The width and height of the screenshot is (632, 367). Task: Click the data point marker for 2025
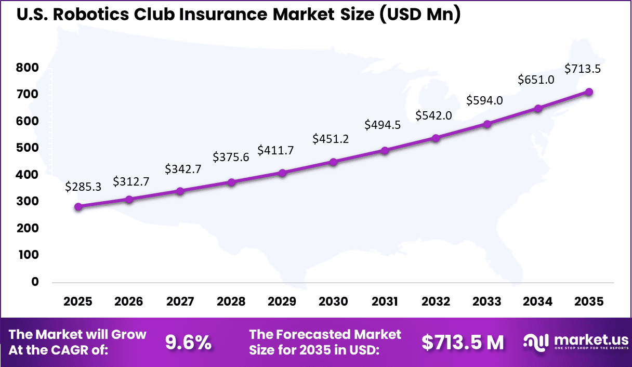coord(78,206)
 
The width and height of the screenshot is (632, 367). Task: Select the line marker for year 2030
coord(334,162)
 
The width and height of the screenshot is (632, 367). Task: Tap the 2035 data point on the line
coord(589,91)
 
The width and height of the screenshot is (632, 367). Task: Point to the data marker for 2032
coord(436,138)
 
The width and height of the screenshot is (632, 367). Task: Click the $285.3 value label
coord(83,187)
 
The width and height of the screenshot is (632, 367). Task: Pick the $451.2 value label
coord(330,139)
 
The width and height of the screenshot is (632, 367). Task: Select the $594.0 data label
coord(484,100)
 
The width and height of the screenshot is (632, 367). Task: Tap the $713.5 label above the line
coord(583,69)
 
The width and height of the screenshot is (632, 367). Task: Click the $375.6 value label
coord(231,157)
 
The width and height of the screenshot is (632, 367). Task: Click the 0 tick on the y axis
coord(35,282)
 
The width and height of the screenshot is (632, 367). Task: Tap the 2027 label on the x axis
coord(180,302)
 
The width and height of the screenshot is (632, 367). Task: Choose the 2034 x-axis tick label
coord(538,302)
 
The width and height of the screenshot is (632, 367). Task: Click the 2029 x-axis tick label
coord(282,302)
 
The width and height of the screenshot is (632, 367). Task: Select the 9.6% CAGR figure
coord(188,342)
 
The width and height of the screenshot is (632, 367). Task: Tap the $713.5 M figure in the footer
coord(463,342)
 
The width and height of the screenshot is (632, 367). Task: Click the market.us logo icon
coord(536,342)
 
